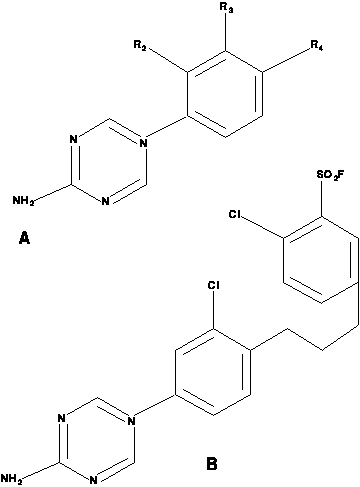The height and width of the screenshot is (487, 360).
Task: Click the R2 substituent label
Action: (x=140, y=45)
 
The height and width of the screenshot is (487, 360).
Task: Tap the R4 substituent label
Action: (x=316, y=45)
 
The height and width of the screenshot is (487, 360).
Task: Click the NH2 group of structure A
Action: (x=23, y=200)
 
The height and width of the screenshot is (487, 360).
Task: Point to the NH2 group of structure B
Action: (x=12, y=478)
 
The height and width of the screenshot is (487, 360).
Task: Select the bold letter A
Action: (x=24, y=238)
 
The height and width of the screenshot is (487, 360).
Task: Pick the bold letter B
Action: (x=212, y=464)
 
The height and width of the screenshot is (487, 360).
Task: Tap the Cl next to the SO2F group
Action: (x=235, y=214)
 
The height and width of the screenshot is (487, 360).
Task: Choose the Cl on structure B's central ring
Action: (x=213, y=286)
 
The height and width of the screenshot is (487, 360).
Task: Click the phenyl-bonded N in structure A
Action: (x=143, y=144)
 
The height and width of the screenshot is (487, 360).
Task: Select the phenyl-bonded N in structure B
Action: (x=131, y=422)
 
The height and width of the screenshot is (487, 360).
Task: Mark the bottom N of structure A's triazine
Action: (x=105, y=201)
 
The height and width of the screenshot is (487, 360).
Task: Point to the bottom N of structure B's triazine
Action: (x=94, y=480)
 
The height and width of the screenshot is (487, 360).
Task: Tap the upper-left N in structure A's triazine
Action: (x=74, y=139)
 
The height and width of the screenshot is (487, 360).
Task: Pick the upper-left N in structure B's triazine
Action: (x=61, y=418)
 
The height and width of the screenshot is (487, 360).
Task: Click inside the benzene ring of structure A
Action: (x=225, y=94)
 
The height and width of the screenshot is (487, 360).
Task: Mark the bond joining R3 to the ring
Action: (x=226, y=33)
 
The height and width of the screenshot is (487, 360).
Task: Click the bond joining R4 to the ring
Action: (x=286, y=60)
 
